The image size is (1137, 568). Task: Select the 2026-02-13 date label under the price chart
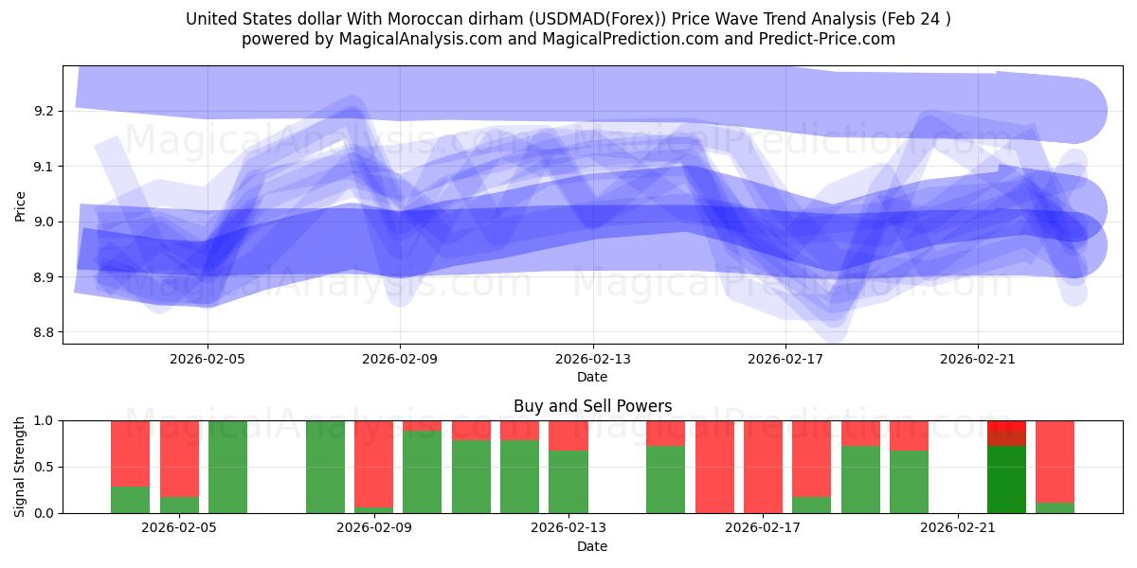(592, 359)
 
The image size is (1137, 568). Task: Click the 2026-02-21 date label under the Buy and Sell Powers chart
(958, 528)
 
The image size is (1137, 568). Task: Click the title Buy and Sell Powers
(592, 406)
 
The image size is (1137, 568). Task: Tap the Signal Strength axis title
(21, 467)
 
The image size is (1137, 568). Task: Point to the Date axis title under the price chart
(592, 377)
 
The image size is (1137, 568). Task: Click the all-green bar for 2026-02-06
(227, 467)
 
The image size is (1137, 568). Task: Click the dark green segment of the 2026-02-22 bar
(1006, 479)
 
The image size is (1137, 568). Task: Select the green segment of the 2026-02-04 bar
(131, 500)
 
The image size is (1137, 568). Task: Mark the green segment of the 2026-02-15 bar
(665, 479)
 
